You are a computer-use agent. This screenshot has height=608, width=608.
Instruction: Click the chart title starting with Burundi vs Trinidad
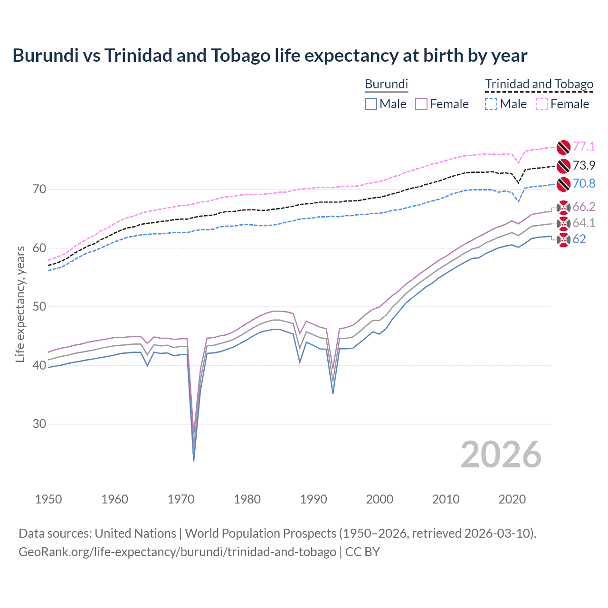270,56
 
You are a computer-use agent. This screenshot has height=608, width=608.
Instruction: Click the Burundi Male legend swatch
371,104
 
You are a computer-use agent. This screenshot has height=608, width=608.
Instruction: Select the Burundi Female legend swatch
421,104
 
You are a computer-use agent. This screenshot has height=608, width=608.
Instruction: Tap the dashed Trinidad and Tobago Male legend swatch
491,104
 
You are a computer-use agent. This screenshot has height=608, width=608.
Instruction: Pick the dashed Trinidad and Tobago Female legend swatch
542,104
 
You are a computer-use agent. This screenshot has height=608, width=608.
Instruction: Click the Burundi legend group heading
386,84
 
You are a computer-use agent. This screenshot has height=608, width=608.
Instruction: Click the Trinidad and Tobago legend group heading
539,84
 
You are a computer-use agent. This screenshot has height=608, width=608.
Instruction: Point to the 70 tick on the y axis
39,190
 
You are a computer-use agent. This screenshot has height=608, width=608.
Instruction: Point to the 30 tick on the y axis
39,424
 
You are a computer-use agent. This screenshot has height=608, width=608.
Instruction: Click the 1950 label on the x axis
48,499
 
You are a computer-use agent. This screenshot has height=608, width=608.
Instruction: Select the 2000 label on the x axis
380,499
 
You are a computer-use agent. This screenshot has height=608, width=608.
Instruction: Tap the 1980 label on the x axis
247,499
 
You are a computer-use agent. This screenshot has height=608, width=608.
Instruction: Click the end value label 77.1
584,146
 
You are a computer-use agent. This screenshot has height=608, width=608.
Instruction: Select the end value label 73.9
584,165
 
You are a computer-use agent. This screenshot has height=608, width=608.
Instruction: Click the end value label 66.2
584,207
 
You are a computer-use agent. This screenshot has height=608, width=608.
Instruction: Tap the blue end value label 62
579,239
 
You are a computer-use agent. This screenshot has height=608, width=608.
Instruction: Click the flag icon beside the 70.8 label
563,184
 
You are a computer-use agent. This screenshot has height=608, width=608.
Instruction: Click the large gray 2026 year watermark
501,455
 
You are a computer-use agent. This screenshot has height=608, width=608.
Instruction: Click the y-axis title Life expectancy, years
20,304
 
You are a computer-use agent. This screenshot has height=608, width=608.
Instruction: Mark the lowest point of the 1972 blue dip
194,460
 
